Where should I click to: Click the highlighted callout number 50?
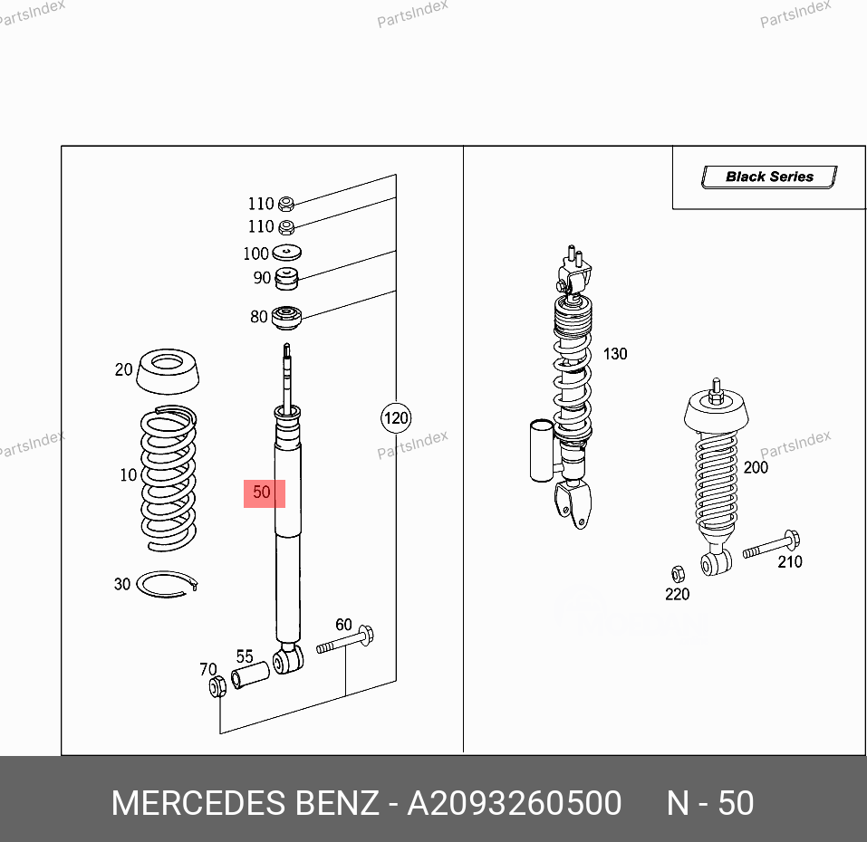pos(264,493)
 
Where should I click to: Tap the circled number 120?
pos(395,418)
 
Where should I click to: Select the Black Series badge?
pos(769,177)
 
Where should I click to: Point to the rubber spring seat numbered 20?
pos(169,371)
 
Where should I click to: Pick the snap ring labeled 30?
pos(167,585)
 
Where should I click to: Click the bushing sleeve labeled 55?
pos(251,675)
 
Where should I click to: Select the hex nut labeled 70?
pos(217,687)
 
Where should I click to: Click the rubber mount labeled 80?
pos(287,318)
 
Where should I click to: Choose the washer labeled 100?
pos(287,254)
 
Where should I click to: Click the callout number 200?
pos(755,467)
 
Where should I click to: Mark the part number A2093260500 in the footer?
pos(514,803)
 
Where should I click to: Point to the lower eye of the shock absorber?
pos(288,660)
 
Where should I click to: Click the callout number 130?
pos(615,354)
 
